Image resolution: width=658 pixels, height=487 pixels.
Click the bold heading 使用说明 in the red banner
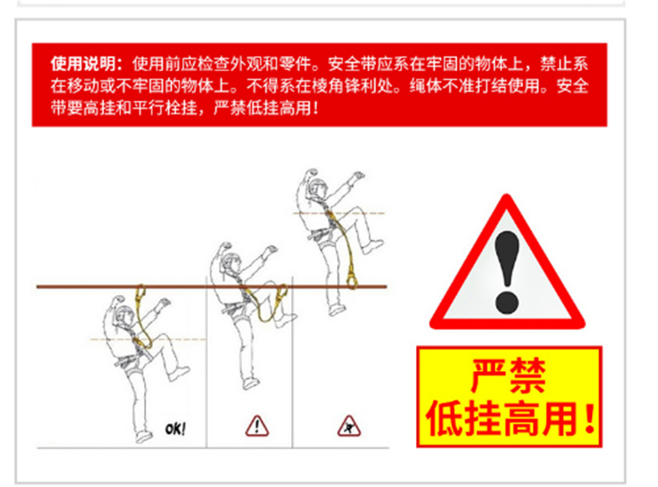click(x=83, y=64)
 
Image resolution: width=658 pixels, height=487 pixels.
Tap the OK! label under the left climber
click(x=175, y=429)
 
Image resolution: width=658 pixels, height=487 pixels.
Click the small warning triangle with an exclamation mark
click(x=257, y=426)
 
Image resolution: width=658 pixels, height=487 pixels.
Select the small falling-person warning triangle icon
click(x=349, y=426)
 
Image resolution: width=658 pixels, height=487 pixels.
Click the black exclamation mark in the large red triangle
click(x=507, y=273)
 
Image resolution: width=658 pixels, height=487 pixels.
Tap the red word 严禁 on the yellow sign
click(x=508, y=376)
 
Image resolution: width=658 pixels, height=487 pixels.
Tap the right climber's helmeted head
click(x=318, y=189)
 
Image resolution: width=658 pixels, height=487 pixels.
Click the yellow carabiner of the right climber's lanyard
click(x=352, y=277)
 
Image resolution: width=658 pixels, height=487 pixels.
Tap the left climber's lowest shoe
click(x=144, y=437)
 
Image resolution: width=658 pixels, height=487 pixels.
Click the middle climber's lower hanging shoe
click(x=251, y=383)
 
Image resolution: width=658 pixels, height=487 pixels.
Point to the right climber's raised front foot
click(x=373, y=247)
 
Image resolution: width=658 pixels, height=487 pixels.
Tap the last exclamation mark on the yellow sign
click(x=590, y=419)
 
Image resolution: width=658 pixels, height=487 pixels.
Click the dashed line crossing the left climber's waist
click(x=148, y=339)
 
